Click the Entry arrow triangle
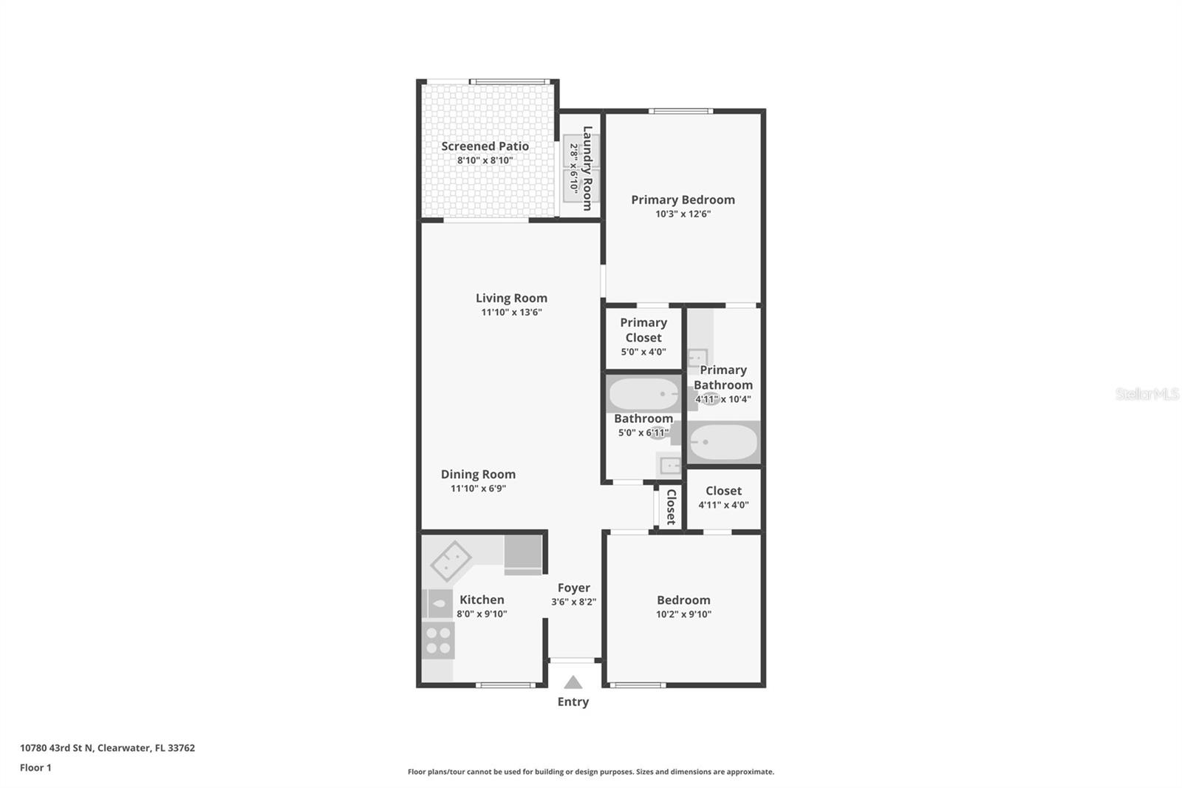[x=573, y=682]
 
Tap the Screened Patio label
[x=485, y=146]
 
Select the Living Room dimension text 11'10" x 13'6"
[x=511, y=313]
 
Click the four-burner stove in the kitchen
[x=438, y=640]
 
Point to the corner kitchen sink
[x=450, y=561]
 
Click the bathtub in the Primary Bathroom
[x=722, y=442]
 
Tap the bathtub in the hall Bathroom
[x=643, y=394]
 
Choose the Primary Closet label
[x=643, y=330]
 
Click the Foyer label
[x=573, y=588]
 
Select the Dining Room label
[x=478, y=475]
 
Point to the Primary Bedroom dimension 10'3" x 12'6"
[x=683, y=214]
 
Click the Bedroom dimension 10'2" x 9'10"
[x=683, y=614]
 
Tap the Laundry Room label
[x=588, y=169]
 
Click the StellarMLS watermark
[x=1147, y=394]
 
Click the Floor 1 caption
[x=35, y=768]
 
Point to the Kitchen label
[x=482, y=600]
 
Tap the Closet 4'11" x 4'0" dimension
[x=723, y=506]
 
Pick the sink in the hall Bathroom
[x=670, y=465]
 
